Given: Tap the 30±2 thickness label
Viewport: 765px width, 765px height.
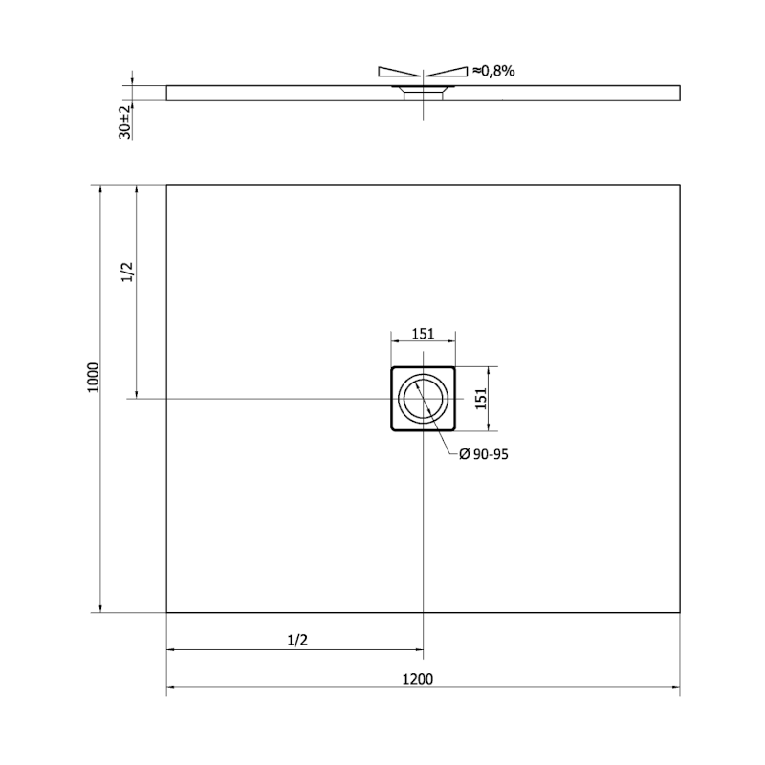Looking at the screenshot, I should pos(124,121).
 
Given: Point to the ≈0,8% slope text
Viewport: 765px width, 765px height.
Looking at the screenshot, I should pos(493,71).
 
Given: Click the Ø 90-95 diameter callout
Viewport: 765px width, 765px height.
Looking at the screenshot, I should pos(483,455).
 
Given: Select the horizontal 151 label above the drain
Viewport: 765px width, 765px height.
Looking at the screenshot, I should pos(423,334).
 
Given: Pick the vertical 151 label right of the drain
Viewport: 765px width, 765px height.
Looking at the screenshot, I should pos(482,398).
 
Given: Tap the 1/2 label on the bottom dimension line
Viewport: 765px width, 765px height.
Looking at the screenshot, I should pos(295,640).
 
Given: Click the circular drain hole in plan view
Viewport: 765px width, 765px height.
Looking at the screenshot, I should pos(423,398).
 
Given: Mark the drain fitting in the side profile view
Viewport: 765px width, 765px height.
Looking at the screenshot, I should pos(423,92).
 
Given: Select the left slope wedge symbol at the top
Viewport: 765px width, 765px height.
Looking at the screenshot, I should pos(399,71).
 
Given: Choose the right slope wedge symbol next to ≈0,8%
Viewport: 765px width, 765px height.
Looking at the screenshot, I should pos(447,71).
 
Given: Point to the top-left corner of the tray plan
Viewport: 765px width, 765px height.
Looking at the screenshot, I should pos(166,185).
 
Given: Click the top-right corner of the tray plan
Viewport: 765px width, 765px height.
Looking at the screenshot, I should pos(680,185).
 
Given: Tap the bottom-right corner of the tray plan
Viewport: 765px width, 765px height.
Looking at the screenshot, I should pos(680,612).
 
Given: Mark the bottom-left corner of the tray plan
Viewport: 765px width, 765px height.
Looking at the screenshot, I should pos(166,612).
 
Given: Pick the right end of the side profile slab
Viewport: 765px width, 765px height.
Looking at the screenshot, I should pos(679,93).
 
